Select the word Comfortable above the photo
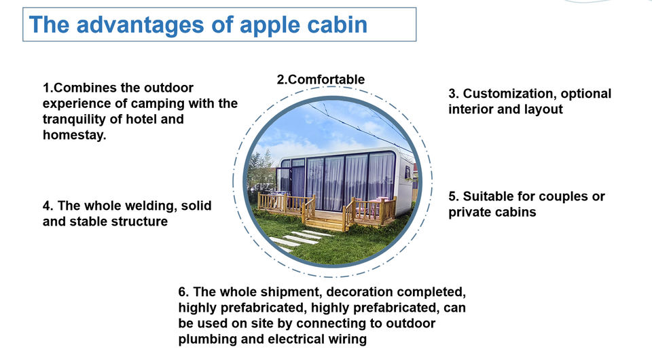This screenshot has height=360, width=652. [x=327, y=79]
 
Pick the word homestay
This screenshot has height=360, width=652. [x=75, y=135]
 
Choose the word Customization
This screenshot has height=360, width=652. [x=510, y=94]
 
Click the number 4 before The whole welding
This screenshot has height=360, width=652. [x=48, y=206]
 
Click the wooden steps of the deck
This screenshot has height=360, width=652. [x=325, y=222]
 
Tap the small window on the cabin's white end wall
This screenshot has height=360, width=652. [x=407, y=172]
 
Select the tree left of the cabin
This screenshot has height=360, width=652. [x=262, y=170]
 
